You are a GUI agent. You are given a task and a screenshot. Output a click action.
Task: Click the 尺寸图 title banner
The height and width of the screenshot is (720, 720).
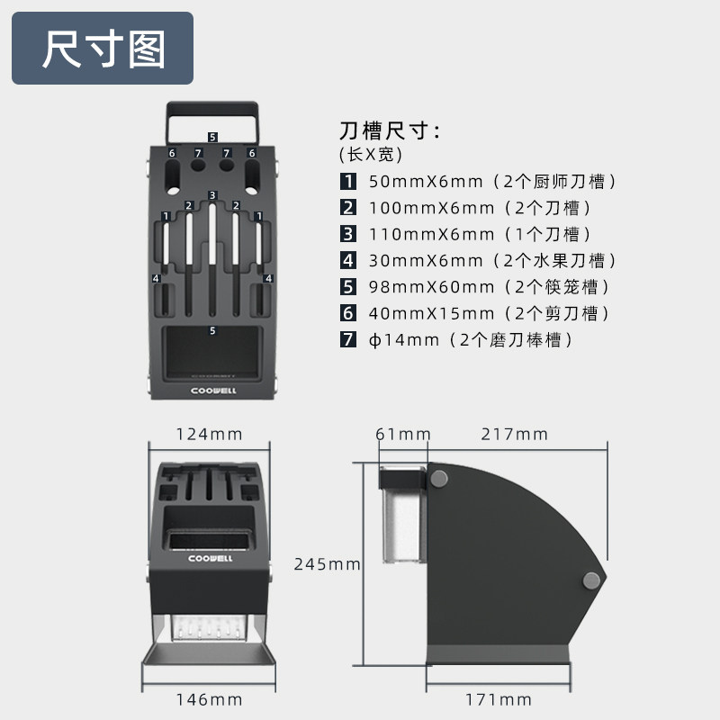point(103,49)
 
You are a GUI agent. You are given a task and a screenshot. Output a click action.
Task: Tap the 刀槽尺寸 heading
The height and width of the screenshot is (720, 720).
point(389,130)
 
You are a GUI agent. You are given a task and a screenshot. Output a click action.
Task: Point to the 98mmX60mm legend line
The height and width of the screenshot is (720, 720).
point(490,287)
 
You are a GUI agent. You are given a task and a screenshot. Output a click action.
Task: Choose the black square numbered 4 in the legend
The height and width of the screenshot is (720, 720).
point(347,261)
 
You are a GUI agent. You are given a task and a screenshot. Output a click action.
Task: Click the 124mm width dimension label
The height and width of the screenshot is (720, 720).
point(209,434)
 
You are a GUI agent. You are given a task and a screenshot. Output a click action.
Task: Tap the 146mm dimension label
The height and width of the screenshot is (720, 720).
point(209,699)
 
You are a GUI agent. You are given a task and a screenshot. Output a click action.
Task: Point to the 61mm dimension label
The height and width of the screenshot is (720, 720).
point(403,434)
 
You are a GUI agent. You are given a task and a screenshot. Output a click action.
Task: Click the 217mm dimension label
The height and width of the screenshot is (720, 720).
point(514,434)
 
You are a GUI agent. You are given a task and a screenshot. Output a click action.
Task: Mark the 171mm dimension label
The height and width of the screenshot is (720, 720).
point(498,699)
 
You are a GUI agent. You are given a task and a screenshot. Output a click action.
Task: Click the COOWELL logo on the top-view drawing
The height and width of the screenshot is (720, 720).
point(212,391)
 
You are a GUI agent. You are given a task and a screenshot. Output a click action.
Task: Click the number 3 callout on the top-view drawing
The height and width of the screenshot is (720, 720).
point(212,195)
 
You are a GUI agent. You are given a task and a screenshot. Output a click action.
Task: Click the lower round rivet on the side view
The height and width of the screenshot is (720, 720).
point(591,580)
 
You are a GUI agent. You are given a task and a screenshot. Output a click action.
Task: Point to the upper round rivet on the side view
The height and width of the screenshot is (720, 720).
point(439,477)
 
